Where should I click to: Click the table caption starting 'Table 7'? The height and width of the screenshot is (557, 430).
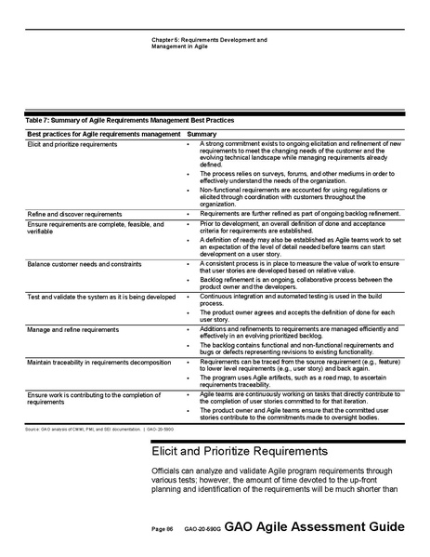point(130,121)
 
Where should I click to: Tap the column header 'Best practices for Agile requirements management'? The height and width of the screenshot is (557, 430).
point(104,134)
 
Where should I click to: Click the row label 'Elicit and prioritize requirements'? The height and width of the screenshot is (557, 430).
point(72,145)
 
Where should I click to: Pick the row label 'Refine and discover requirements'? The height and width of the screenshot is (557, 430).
point(73,213)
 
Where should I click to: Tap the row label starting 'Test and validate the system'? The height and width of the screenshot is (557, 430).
point(101,297)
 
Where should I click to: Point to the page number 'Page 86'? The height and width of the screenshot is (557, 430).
point(163,529)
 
